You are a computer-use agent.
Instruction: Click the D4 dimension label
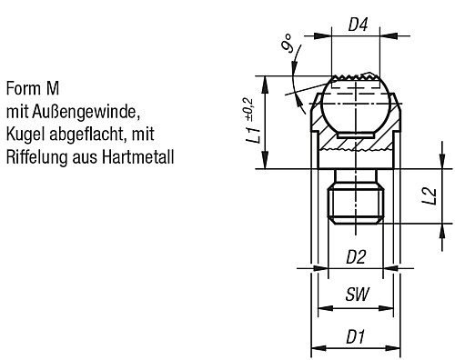tap(358, 25)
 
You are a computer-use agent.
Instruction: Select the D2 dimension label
tap(357, 257)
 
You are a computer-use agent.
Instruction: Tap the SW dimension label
tap(358, 294)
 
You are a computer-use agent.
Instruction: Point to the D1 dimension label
tap(356, 336)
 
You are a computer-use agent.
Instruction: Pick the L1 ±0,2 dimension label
tap(254, 121)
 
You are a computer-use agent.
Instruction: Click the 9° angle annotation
tap(287, 44)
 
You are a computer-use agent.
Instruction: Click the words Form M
tap(33, 88)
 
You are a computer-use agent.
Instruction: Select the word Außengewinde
tap(86, 113)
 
